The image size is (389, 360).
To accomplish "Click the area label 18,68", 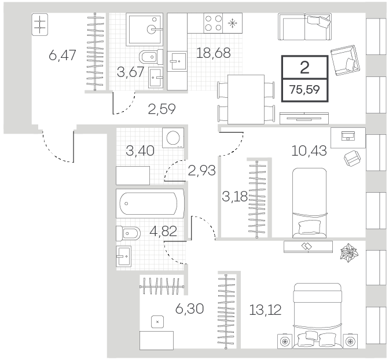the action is pyautogui.click(x=214, y=53).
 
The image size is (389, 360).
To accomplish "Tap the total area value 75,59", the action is pyautogui.click(x=304, y=90).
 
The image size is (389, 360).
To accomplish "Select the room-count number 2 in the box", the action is pyautogui.click(x=304, y=68).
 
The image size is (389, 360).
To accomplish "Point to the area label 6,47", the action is pyautogui.click(x=63, y=55).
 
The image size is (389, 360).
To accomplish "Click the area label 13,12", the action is pyautogui.click(x=265, y=310).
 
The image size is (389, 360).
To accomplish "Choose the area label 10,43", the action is pyautogui.click(x=309, y=150).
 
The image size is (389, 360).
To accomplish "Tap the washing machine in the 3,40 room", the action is pyautogui.click(x=173, y=138).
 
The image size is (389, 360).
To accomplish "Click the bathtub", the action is pyautogui.click(x=150, y=204).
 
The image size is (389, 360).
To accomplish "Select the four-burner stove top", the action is pyautogui.click(x=214, y=23).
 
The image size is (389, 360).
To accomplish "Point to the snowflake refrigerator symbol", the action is pyautogui.click(x=233, y=23).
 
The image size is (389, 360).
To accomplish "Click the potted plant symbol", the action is pyautogui.click(x=349, y=252).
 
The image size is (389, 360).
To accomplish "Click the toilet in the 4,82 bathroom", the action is pyautogui.click(x=128, y=233).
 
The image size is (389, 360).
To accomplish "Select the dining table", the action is pyautogui.click(x=246, y=99).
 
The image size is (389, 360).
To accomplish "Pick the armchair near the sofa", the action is pyautogui.click(x=345, y=60).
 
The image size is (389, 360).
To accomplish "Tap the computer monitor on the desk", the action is pyautogui.click(x=348, y=135).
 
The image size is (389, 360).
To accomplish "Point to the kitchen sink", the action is pyautogui.click(x=177, y=61).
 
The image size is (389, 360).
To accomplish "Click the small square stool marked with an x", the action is pyautogui.click(x=157, y=322).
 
